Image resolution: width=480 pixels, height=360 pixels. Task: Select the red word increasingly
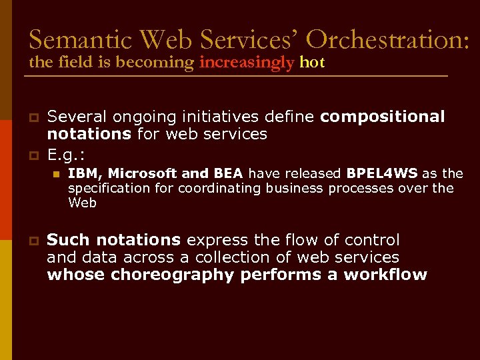(x=247, y=63)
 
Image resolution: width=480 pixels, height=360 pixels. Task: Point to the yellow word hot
(x=312, y=63)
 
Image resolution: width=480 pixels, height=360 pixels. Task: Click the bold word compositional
(x=382, y=117)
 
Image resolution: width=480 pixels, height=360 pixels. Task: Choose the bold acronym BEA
(x=229, y=173)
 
